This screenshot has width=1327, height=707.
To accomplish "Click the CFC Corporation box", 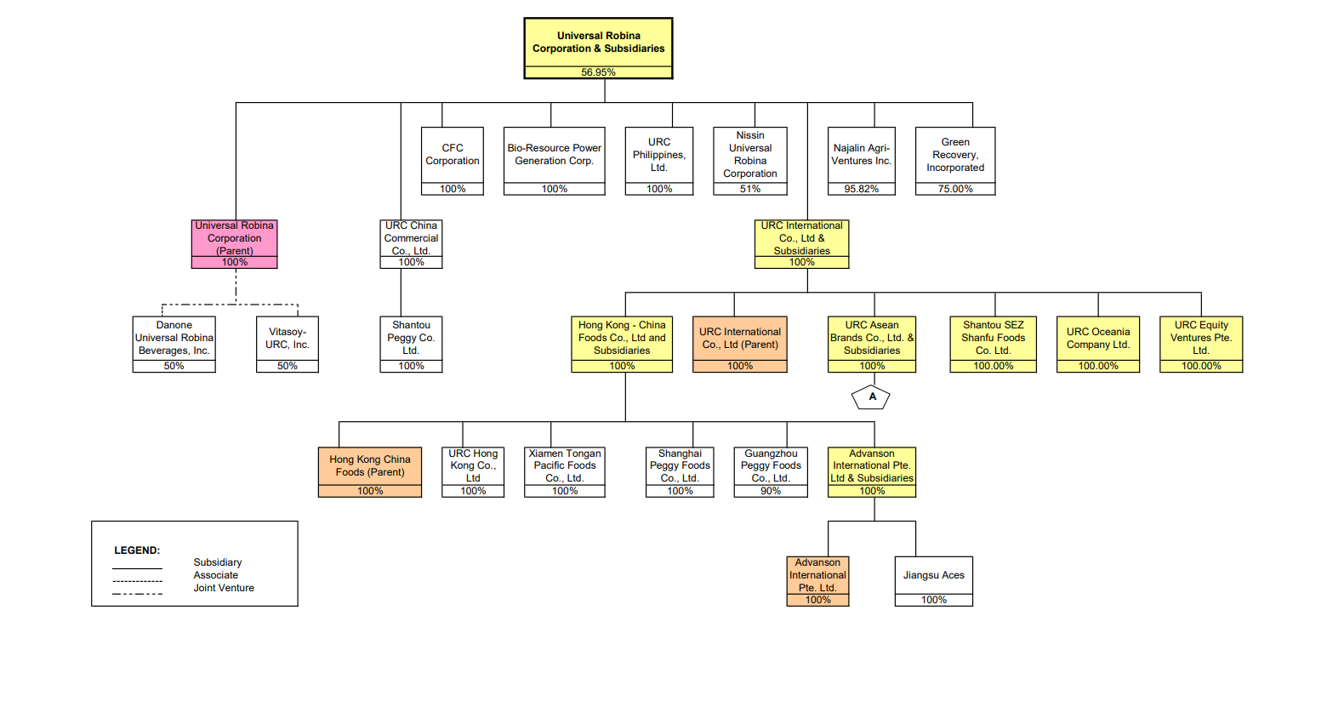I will pyautogui.click(x=453, y=156).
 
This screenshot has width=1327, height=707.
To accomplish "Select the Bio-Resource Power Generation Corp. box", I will pyautogui.click(x=554, y=156).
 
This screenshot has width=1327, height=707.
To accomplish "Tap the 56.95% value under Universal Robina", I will pyautogui.click(x=598, y=72).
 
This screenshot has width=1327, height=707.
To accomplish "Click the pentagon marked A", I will pyautogui.click(x=871, y=397).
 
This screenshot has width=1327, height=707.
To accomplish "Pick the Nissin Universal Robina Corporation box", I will pyautogui.click(x=749, y=155).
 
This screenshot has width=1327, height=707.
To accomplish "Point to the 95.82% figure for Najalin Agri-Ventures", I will pyautogui.click(x=861, y=189).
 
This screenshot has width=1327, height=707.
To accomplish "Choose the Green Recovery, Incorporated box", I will pyautogui.click(x=955, y=156).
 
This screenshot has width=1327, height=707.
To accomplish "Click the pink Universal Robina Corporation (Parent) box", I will pyautogui.click(x=235, y=239).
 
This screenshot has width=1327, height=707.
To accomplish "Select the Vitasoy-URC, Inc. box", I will pyautogui.click(x=288, y=339).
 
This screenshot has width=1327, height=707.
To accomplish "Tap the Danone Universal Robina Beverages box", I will pyautogui.click(x=174, y=339).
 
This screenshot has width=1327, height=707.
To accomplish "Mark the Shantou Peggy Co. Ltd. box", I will pyautogui.click(x=411, y=339).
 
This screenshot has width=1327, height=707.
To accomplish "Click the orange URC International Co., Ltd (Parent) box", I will pyautogui.click(x=739, y=339).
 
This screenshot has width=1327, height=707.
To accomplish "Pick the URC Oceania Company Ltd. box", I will pyautogui.click(x=1098, y=339).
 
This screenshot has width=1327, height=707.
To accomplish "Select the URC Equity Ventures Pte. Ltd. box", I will pyautogui.click(x=1201, y=339).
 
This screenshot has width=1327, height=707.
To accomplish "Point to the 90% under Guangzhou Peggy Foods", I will pyautogui.click(x=771, y=491).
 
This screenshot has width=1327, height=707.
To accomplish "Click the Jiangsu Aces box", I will pyautogui.click(x=933, y=576).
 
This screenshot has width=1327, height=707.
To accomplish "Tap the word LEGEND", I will pyautogui.click(x=137, y=550).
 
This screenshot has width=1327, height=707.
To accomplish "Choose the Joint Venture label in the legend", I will pyautogui.click(x=224, y=588).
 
